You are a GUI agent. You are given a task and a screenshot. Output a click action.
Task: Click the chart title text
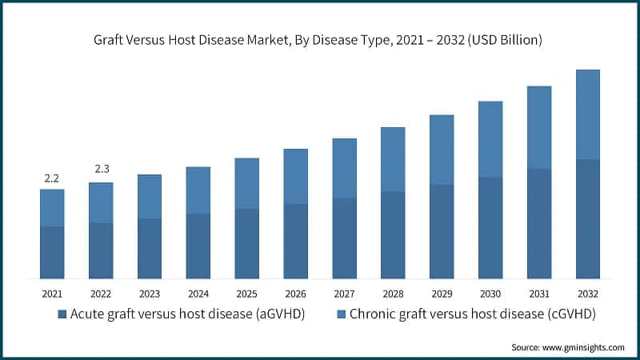320,41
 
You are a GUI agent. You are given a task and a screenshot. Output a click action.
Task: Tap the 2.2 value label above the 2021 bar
52,178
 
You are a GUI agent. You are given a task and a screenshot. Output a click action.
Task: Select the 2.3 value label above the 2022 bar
101,170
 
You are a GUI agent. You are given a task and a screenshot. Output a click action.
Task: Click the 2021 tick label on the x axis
52,294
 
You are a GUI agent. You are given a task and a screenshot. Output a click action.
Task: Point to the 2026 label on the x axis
295,294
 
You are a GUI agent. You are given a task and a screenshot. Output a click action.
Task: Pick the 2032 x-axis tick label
587,294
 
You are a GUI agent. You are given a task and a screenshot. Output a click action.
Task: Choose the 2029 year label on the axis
442,294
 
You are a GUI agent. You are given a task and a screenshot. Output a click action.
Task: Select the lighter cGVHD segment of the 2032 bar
587,114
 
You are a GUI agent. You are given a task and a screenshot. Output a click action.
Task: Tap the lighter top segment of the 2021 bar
52,208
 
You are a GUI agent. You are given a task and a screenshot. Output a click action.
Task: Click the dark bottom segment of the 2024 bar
198,246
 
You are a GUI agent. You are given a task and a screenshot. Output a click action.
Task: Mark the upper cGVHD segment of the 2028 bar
393,159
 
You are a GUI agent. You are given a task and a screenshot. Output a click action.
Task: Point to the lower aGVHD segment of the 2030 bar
490,227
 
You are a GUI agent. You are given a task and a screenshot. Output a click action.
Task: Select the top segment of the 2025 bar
246,183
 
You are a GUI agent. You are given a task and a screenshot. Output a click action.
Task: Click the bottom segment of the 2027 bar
344,238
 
